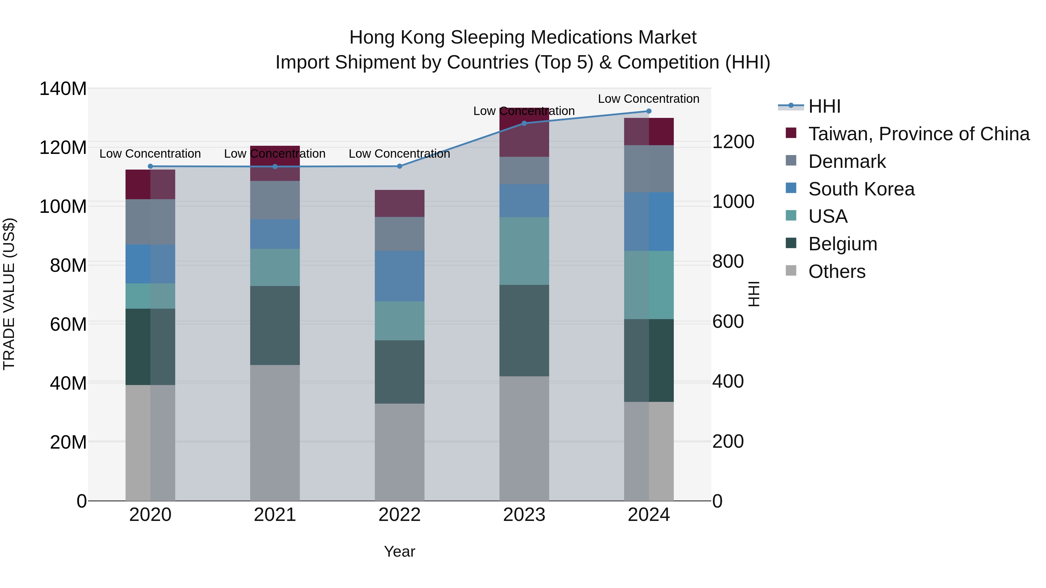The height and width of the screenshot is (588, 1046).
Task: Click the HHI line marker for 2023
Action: (x=524, y=123)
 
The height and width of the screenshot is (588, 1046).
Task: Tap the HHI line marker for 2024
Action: (x=649, y=111)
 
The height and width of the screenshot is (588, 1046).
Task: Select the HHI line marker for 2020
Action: (x=150, y=166)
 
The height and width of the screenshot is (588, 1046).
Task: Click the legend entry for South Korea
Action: (x=861, y=189)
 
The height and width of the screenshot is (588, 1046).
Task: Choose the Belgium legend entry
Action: (x=843, y=244)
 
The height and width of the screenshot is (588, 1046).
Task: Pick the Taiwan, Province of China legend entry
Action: (x=918, y=134)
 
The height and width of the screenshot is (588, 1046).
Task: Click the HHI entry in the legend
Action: (x=824, y=106)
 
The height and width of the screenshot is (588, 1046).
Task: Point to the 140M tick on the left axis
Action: (x=63, y=89)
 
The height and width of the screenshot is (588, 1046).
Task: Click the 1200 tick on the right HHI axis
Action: (x=733, y=142)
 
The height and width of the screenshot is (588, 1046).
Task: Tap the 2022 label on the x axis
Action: (x=399, y=515)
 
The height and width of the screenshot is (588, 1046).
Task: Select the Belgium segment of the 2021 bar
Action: (x=275, y=326)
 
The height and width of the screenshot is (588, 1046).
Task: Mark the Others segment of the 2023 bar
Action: (x=524, y=438)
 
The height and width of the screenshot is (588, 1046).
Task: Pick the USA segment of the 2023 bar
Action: (x=524, y=251)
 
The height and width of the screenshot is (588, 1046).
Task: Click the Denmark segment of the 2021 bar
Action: (x=275, y=200)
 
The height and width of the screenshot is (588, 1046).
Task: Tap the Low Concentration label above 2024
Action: (x=649, y=99)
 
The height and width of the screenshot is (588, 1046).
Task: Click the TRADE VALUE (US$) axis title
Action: (x=9, y=294)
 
